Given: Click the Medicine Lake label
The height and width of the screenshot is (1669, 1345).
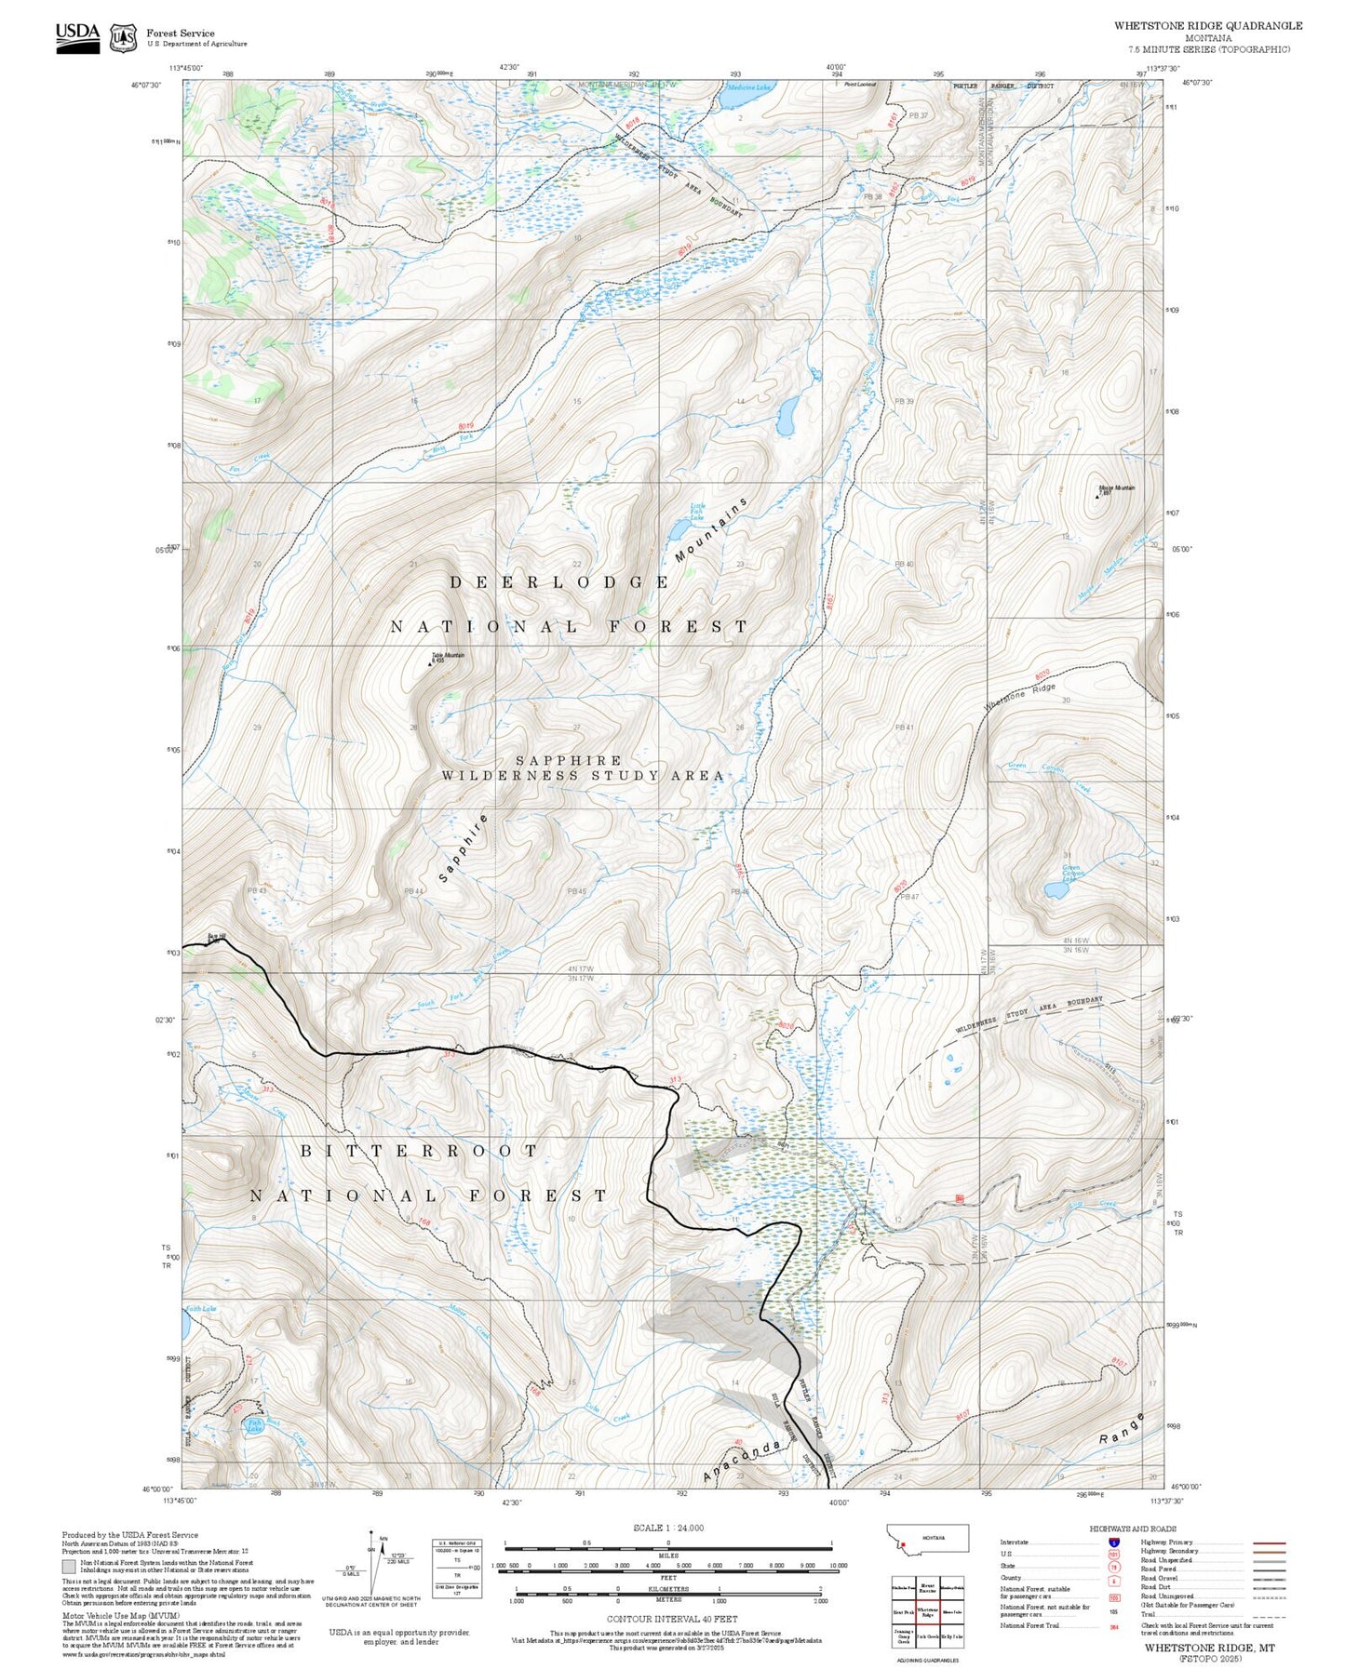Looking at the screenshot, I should coord(748,87).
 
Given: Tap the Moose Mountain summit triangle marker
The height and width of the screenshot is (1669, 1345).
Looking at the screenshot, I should coord(1097,496).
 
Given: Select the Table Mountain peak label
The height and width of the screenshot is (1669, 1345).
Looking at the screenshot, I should coord(447,656).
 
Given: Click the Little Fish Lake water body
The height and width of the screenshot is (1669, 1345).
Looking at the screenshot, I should coord(674,531).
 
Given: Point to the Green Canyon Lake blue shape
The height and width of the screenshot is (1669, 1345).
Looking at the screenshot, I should coord(1056,890).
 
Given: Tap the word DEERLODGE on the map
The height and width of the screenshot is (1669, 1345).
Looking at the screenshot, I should coord(559,582).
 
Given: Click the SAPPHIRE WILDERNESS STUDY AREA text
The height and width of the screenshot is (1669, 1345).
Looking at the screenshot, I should coord(582,768).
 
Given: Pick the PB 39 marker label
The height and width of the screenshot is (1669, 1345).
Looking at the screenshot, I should coord(903,401).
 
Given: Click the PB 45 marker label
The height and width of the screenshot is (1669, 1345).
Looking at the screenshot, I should coord(577,891).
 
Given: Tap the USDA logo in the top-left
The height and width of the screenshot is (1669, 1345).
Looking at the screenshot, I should coord(77,37).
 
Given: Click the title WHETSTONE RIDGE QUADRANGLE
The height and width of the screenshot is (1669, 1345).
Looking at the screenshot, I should coord(1207,26).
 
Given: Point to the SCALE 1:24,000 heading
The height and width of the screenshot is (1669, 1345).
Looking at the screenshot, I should coord(667,1528).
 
